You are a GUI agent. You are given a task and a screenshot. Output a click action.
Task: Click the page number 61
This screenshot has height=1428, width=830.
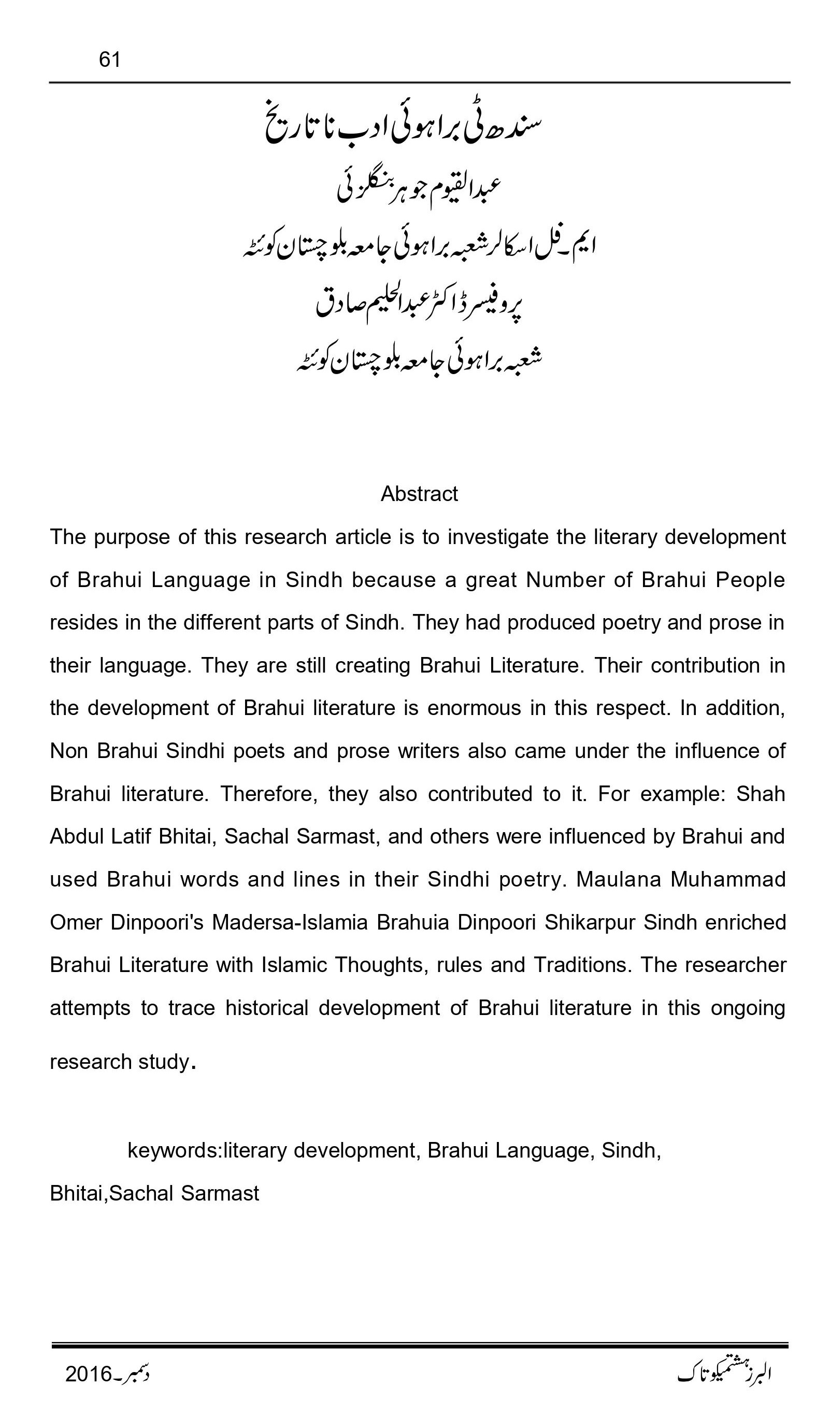click(109, 60)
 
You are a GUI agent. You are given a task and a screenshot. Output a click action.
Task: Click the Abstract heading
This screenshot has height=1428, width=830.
click(419, 494)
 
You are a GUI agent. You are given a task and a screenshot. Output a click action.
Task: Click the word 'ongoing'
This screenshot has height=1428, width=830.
click(747, 1008)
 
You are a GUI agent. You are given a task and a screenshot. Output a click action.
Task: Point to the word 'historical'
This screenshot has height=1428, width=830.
click(266, 1008)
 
